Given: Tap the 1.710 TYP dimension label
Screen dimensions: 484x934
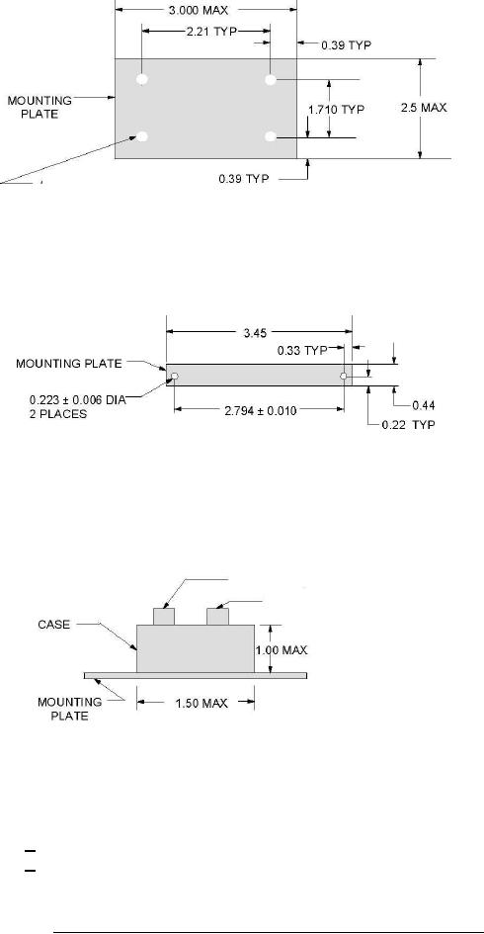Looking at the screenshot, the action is [x=336, y=110].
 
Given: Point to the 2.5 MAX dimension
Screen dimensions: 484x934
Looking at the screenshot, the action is [x=424, y=108].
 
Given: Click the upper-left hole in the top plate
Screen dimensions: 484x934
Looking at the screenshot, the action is [x=142, y=79].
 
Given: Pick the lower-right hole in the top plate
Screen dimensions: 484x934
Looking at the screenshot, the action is [x=271, y=137].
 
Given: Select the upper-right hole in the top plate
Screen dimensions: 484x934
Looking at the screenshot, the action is [x=271, y=79].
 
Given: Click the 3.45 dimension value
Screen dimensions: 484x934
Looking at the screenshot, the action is [x=255, y=334].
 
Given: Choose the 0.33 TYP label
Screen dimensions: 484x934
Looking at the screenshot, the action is [x=302, y=351].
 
